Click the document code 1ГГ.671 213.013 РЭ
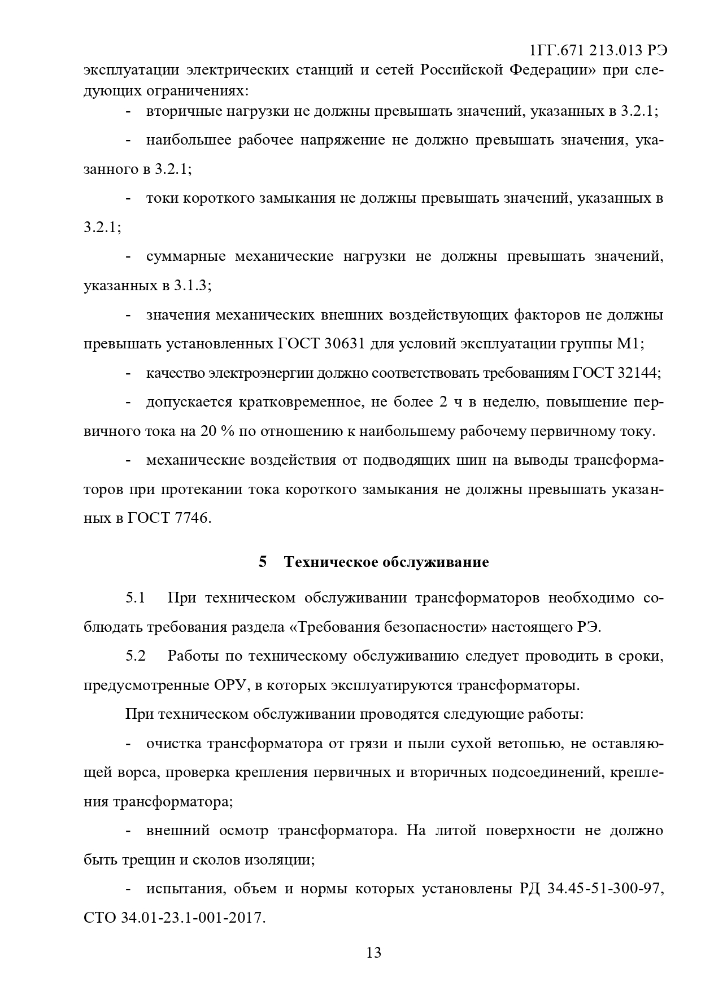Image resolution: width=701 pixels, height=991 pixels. (x=598, y=51)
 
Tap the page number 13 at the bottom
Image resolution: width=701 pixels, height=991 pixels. (x=374, y=953)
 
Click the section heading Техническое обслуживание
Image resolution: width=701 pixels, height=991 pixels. (x=386, y=562)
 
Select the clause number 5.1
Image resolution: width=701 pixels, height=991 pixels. (x=136, y=597)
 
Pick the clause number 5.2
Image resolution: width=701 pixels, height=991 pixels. (x=136, y=656)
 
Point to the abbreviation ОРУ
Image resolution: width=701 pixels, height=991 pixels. (x=230, y=686)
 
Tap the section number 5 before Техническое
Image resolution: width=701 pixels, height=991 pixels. (x=262, y=562)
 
